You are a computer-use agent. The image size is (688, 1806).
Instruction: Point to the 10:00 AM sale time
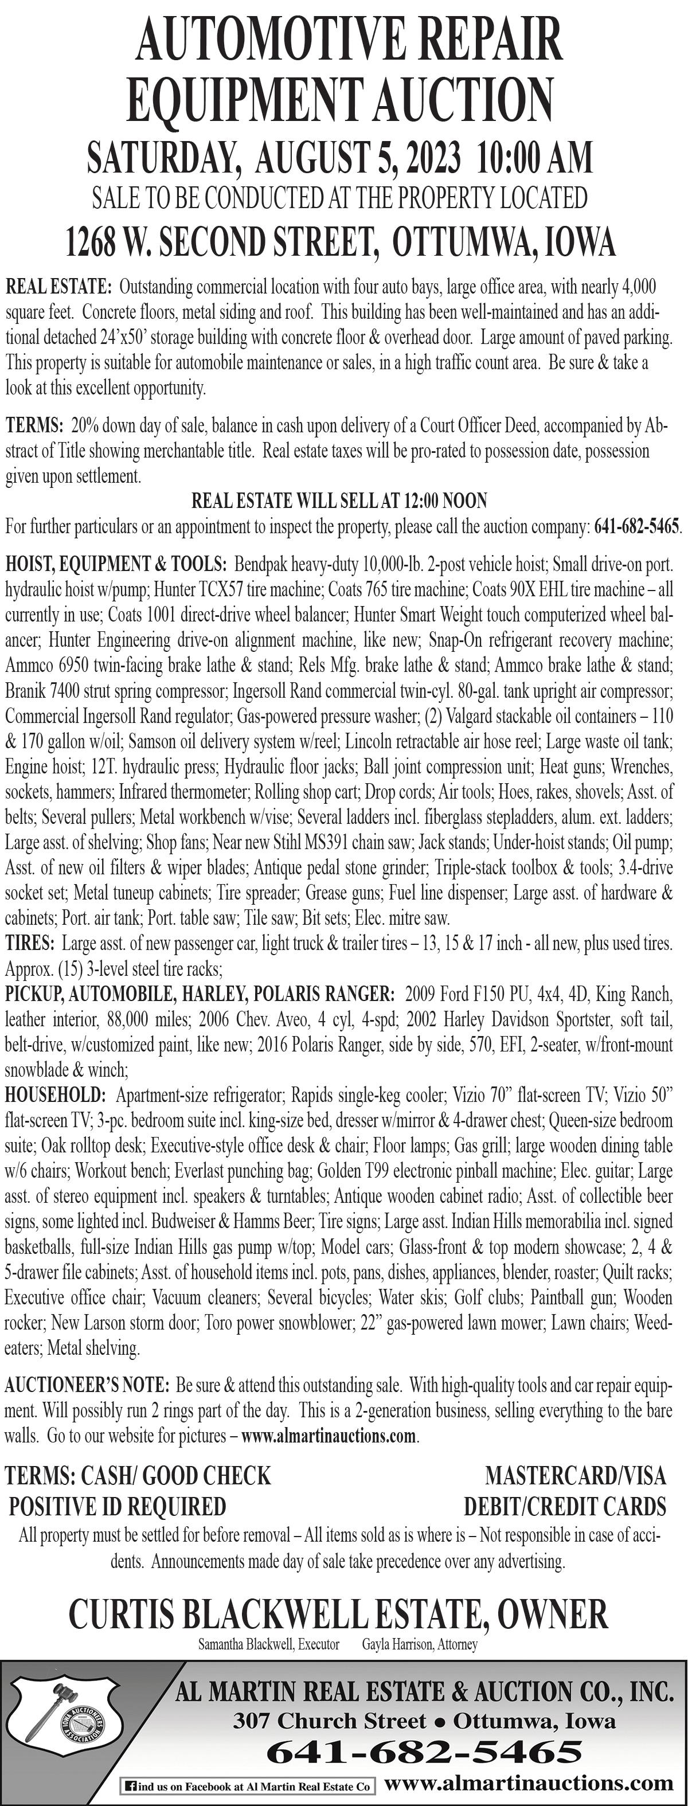coord(534,158)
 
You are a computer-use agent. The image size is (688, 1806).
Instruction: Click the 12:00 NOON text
coord(445,501)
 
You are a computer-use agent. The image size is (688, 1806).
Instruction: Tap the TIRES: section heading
coord(29,943)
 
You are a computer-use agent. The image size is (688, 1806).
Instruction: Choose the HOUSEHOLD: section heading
coord(54,1094)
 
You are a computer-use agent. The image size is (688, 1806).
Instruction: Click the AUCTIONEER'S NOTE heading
coord(86,1385)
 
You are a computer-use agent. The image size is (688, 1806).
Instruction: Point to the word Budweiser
coord(186,1221)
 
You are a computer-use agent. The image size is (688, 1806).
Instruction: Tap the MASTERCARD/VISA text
coord(575,1475)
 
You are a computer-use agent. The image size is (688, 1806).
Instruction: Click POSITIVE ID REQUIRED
coord(117,1506)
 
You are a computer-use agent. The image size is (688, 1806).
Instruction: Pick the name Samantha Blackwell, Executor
coord(269,1644)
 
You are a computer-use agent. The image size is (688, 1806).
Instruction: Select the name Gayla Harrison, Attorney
coord(419,1644)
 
